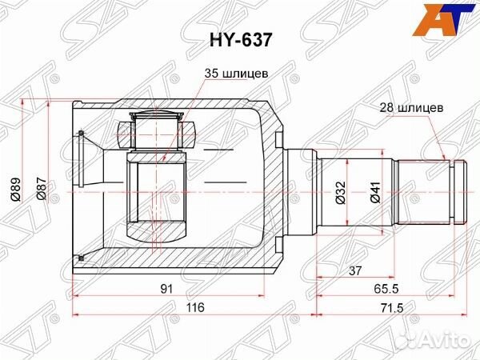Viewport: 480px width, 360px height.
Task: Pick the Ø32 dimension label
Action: pos(341,192)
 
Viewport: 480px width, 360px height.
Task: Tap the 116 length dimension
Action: pos(195,307)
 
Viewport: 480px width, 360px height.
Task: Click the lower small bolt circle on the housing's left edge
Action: pos(82,256)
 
